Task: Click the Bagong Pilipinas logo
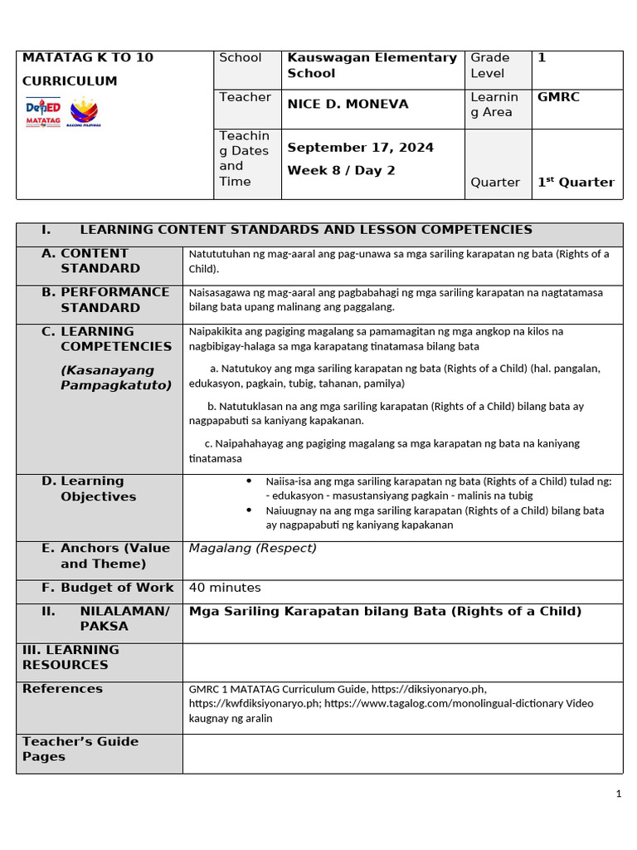tap(85, 113)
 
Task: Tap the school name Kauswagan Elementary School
tap(372, 66)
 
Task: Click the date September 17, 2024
tap(360, 148)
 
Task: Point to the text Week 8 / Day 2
tap(329, 171)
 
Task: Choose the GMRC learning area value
tap(558, 97)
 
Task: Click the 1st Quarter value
tap(576, 183)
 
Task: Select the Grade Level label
tap(490, 66)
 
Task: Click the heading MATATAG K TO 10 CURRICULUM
tap(87, 69)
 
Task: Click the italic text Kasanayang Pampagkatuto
tap(115, 378)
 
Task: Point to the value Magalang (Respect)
tap(252, 549)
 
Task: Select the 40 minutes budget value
tap(225, 588)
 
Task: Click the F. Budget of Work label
tap(108, 588)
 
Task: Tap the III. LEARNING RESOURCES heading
tap(71, 657)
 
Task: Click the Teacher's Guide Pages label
tap(80, 749)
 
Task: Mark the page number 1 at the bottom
tap(618, 794)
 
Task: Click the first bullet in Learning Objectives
tap(249, 481)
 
